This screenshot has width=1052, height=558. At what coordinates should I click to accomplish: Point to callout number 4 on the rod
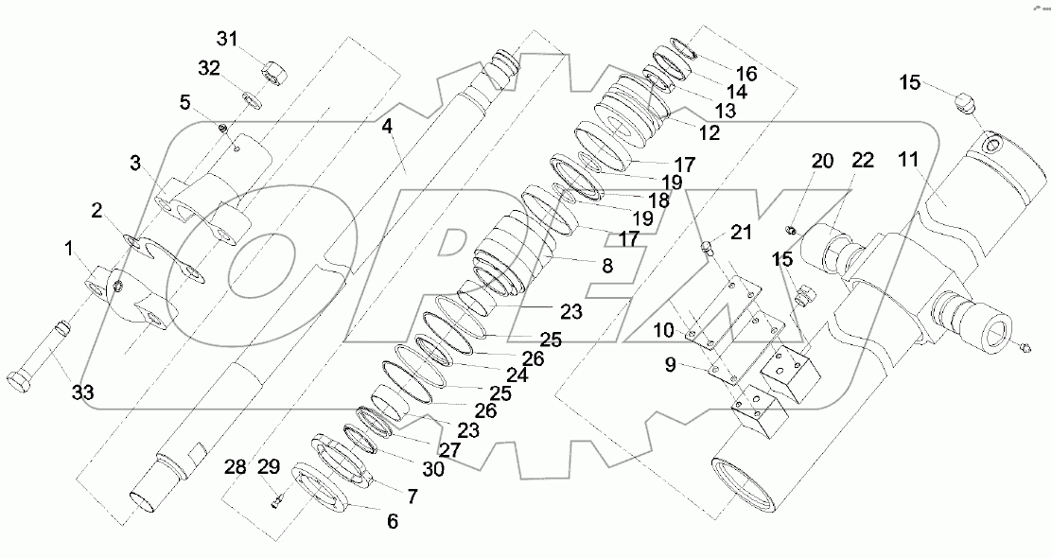(387, 126)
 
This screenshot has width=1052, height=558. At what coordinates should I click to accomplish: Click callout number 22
(862, 162)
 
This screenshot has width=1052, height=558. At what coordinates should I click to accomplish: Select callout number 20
(822, 162)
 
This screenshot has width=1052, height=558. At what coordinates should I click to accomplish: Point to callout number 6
(391, 521)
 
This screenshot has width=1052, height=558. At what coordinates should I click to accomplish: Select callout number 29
(269, 467)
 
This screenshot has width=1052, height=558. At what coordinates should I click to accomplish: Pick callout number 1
(68, 249)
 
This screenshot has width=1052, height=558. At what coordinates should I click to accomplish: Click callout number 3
(137, 164)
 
